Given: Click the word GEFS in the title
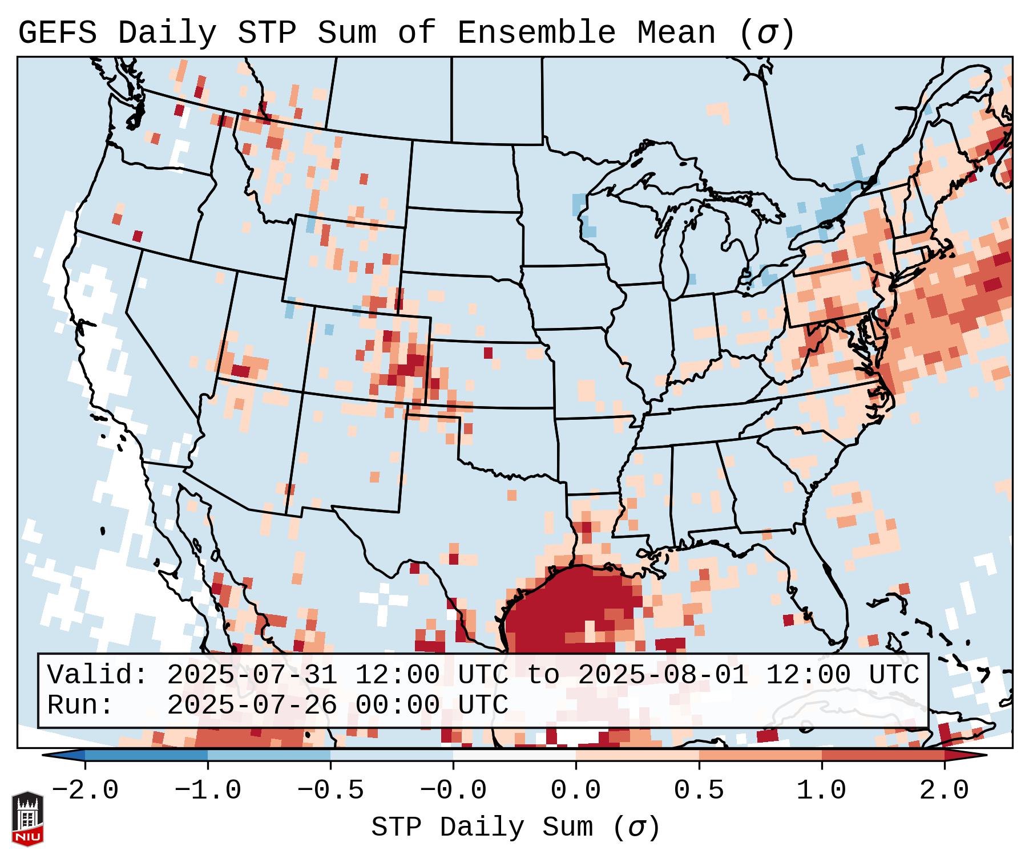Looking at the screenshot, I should pyautogui.click(x=57, y=33).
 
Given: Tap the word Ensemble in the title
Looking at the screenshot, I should pyautogui.click(x=536, y=33).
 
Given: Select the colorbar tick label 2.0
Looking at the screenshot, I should pyautogui.click(x=944, y=791).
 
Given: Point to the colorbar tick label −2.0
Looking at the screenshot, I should pyautogui.click(x=85, y=791).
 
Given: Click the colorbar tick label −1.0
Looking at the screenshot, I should pyautogui.click(x=208, y=791).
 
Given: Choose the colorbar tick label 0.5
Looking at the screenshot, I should pyautogui.click(x=699, y=791).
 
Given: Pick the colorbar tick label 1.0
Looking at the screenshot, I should pyautogui.click(x=821, y=791).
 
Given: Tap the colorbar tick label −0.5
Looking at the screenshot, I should pyautogui.click(x=330, y=791).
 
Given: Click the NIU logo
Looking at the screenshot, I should pyautogui.click(x=27, y=819).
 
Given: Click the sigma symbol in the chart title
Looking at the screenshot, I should pyautogui.click(x=766, y=34).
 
